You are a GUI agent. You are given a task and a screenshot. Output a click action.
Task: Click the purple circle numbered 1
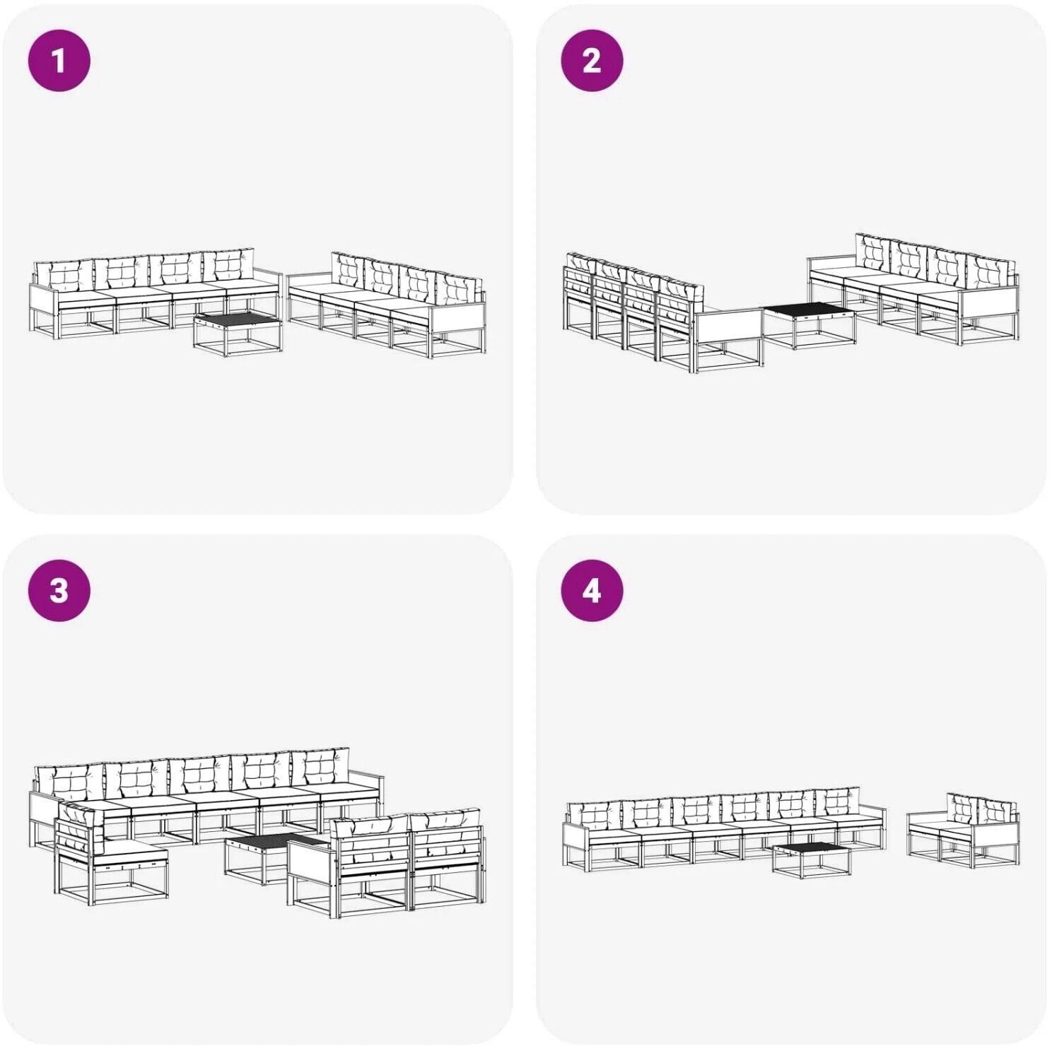point(59,60)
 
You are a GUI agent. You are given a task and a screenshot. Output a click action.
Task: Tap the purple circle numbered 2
point(592,60)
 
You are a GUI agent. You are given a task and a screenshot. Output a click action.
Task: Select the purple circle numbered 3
point(59,590)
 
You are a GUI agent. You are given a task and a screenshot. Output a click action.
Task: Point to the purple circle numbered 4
point(592,590)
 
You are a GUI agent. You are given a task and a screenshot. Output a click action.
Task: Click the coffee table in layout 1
point(238,334)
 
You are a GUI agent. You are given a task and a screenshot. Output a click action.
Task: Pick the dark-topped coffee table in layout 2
point(810,324)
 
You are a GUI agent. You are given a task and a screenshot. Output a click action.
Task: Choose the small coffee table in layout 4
point(812,859)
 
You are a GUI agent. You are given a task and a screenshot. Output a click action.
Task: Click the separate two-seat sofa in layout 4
point(964,830)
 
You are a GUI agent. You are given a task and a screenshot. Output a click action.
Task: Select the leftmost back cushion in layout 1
point(64,276)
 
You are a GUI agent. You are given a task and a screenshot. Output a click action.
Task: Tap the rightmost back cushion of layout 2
point(991,272)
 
